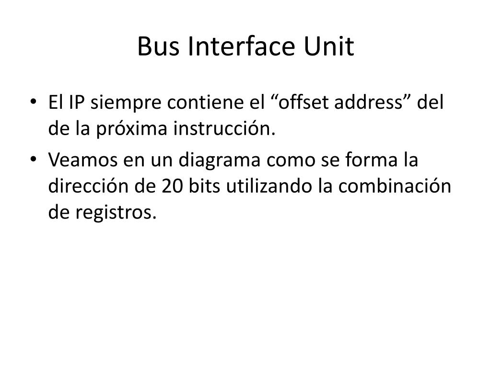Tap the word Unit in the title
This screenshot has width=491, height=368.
(x=329, y=47)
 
